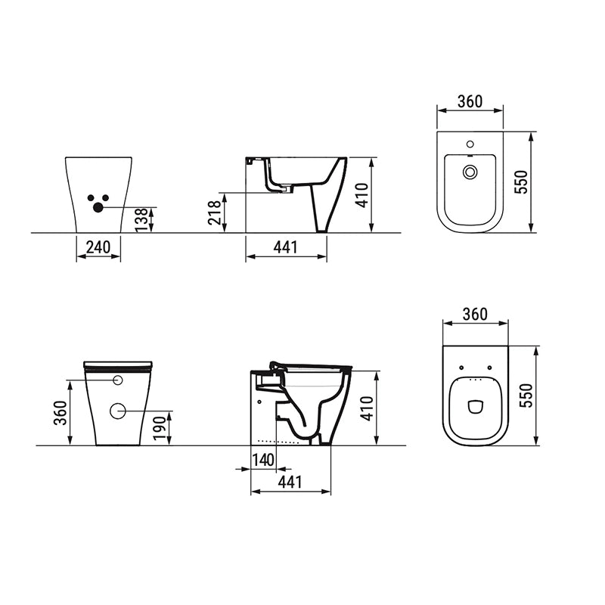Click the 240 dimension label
click(98, 247)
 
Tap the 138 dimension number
click(141, 220)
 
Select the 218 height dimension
click(215, 213)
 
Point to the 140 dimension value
click(263, 460)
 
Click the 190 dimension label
click(160, 429)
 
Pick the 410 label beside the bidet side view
click(361, 195)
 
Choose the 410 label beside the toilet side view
click(367, 408)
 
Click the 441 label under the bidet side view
click(286, 247)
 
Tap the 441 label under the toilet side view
click(290, 482)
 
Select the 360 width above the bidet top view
click(470, 101)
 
